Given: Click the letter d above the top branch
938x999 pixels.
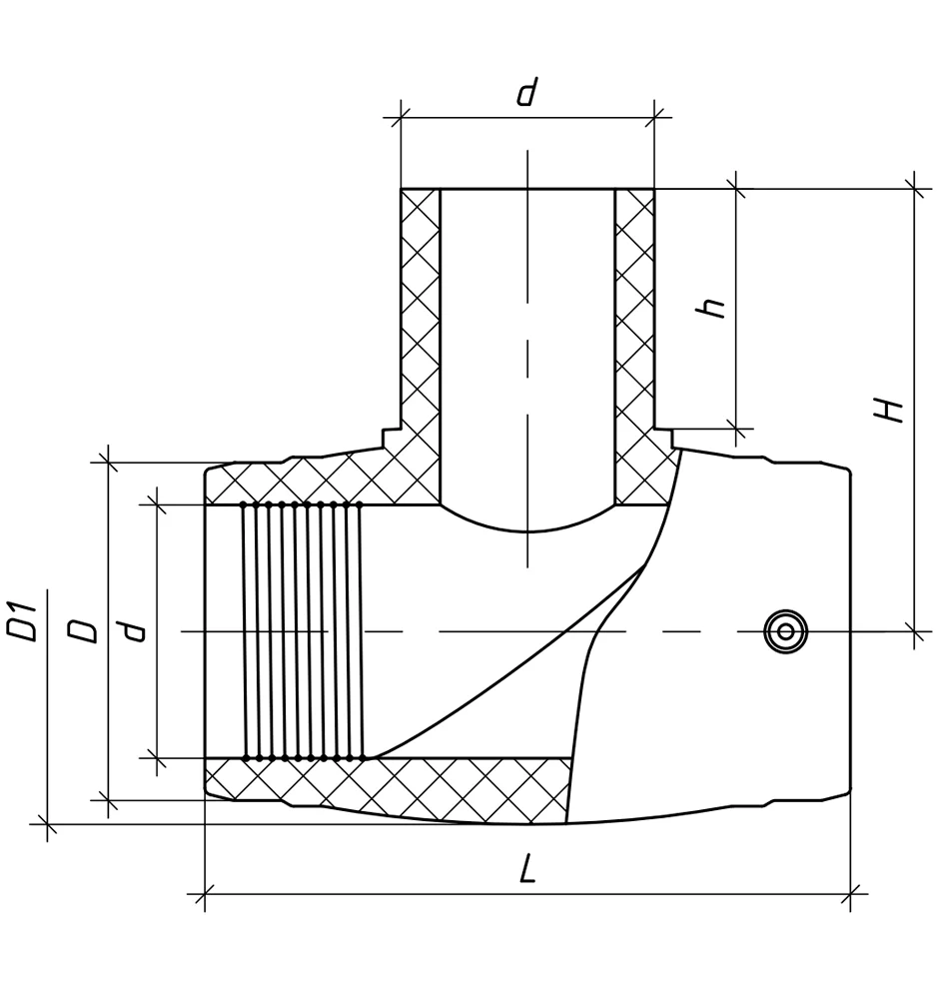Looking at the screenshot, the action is [526, 92].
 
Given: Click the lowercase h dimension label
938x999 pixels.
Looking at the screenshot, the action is [711, 308].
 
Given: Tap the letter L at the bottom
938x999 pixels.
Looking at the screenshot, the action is [527, 869].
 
